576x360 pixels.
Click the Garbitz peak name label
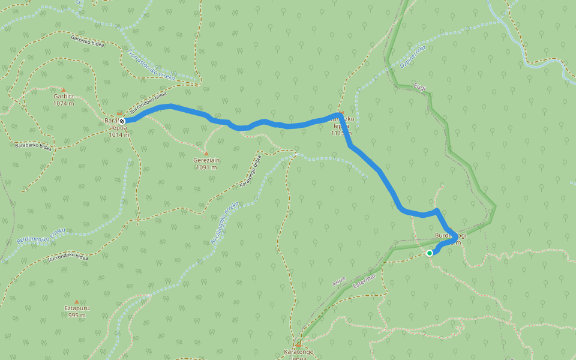pyautogui.click(x=63, y=96)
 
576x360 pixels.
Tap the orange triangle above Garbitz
pyautogui.click(x=63, y=89)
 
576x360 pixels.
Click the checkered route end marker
pyautogui.click(x=122, y=121)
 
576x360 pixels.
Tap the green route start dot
pyautogui.click(x=430, y=253)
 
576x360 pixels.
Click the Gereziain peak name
pyautogui.click(x=205, y=160)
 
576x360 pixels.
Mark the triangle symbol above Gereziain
pyautogui.click(x=206, y=153)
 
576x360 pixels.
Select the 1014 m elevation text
pyautogui.click(x=118, y=135)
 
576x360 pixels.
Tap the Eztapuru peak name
pyautogui.click(x=76, y=308)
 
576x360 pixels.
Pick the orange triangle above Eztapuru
pyautogui.click(x=76, y=302)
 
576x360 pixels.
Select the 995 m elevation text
pyautogui.click(x=76, y=316)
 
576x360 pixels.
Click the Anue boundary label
pyautogui.click(x=339, y=282)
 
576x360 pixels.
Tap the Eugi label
pyautogui.click(x=420, y=88)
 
